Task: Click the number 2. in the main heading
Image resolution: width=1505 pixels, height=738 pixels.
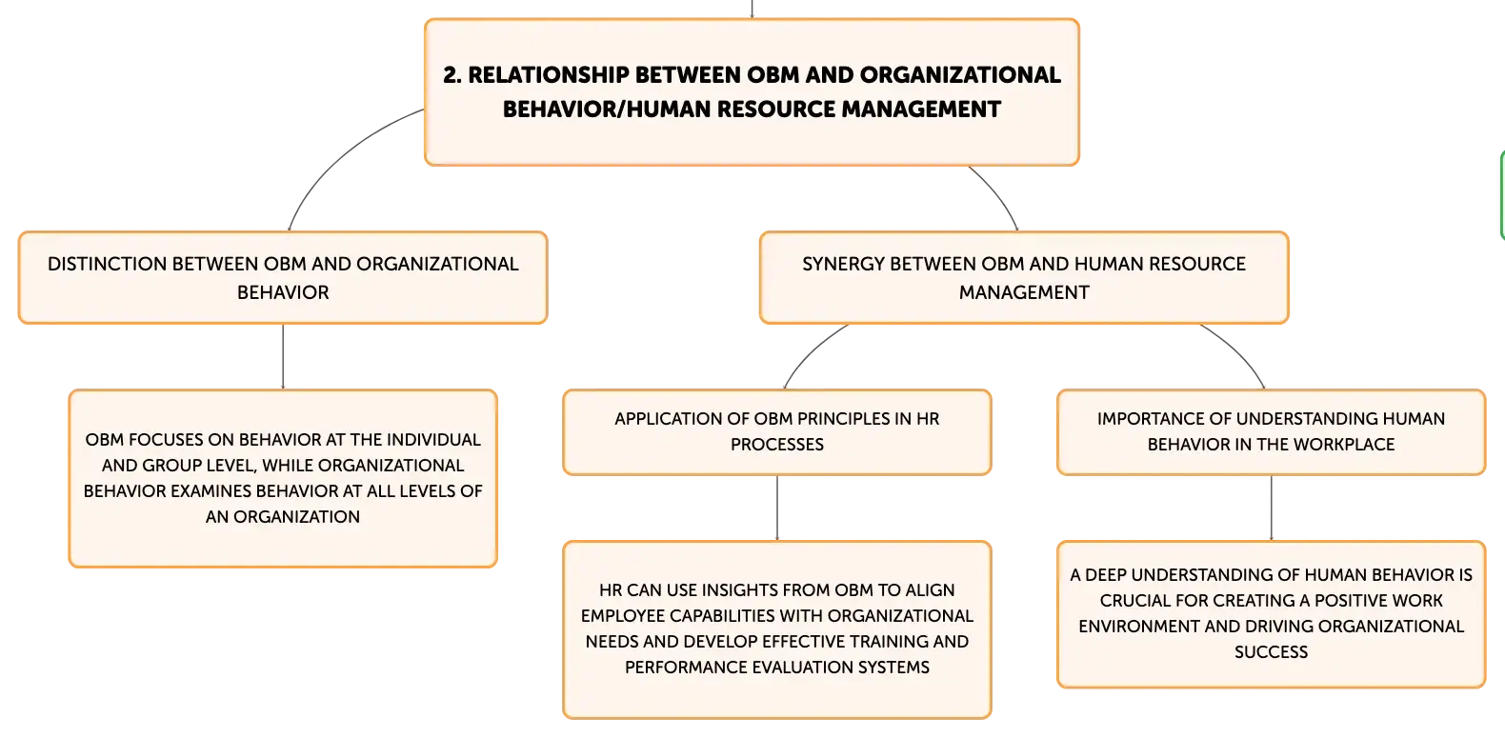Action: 452,75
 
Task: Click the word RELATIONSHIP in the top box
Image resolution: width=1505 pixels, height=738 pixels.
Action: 549,75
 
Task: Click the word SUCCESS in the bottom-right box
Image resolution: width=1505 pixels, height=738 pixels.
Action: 1272,652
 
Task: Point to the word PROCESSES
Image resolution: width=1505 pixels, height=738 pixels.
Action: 777,445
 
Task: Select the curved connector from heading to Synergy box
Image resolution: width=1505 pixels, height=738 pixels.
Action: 998,195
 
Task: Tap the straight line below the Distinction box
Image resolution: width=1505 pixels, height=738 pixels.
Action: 283,356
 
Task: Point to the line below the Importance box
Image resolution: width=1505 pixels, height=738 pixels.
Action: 1272,509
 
